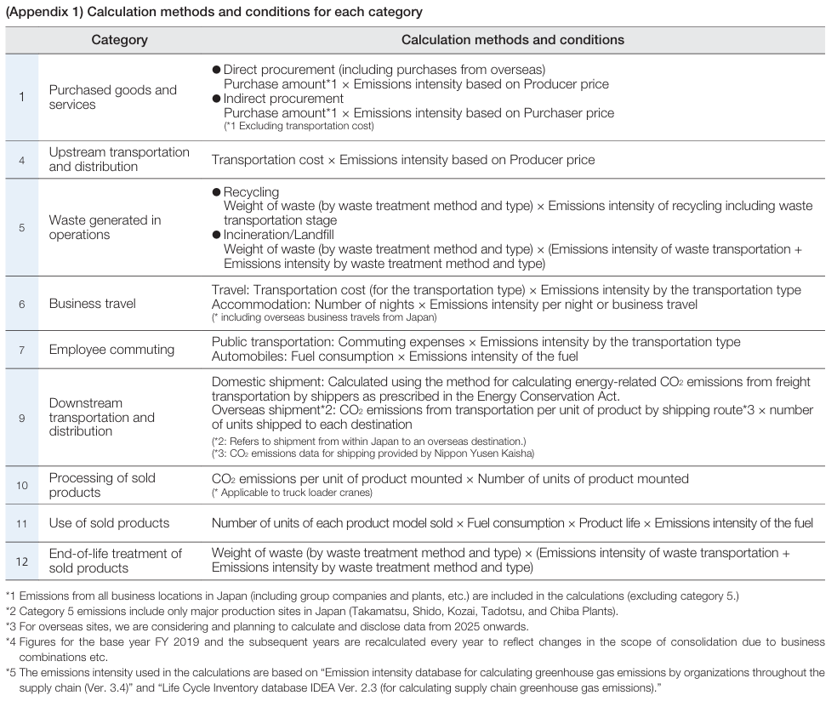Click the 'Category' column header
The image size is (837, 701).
(x=119, y=40)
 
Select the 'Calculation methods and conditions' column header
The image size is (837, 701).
(x=512, y=40)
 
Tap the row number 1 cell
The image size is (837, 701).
(x=22, y=97)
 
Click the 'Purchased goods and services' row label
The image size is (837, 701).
(x=112, y=97)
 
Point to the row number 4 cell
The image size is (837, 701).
(x=22, y=159)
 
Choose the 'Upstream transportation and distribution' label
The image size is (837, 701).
(x=119, y=159)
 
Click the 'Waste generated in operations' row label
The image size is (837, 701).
(x=105, y=227)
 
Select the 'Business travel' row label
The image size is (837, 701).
(x=92, y=304)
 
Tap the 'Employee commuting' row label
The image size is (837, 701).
(x=111, y=349)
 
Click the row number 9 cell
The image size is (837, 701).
(x=22, y=417)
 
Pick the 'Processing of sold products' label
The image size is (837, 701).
(x=102, y=485)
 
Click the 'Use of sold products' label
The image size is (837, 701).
(x=109, y=523)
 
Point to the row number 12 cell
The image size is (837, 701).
(x=22, y=561)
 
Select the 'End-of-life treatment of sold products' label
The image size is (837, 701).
(x=115, y=561)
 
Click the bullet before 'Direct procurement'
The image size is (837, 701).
(x=216, y=70)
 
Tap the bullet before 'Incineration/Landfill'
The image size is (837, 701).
(x=216, y=235)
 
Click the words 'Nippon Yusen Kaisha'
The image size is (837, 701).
(x=487, y=453)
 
